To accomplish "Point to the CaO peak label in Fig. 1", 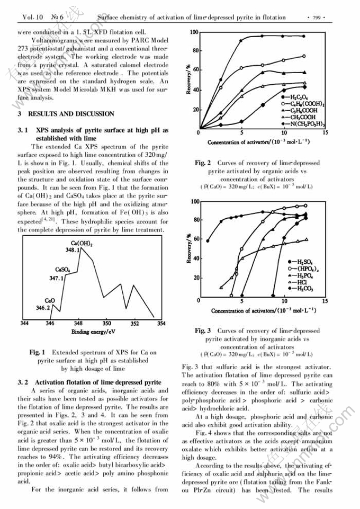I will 50,300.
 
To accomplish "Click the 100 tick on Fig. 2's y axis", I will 194,33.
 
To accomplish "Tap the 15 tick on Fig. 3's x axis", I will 325,301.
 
